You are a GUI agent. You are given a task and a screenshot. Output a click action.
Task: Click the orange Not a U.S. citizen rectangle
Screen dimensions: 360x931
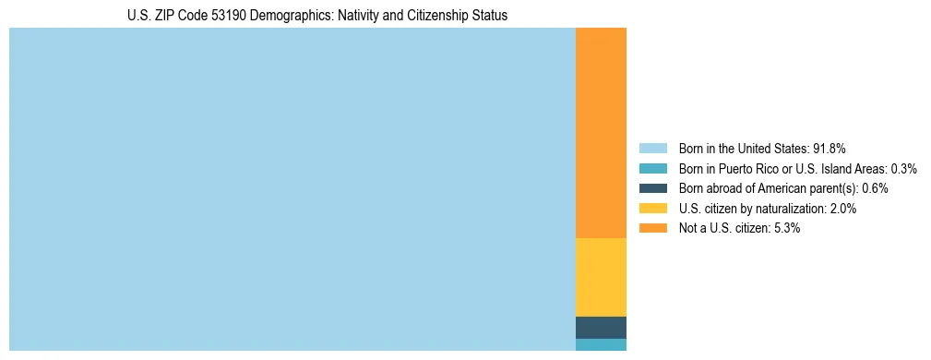601,133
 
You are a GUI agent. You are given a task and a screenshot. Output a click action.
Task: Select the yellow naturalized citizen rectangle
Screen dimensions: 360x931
601,277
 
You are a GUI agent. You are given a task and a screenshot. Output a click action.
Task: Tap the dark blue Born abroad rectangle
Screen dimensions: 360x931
601,328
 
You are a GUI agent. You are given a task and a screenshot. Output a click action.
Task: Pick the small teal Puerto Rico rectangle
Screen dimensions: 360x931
601,344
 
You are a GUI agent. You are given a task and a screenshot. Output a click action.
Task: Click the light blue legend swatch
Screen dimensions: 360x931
652,148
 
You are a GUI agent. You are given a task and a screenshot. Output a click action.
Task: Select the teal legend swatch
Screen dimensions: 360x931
652,168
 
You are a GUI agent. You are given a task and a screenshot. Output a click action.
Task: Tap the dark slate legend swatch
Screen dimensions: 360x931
652,188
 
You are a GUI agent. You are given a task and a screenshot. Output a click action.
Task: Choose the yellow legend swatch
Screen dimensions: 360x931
652,209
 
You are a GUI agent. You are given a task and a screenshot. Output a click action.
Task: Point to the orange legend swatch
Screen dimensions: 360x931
652,228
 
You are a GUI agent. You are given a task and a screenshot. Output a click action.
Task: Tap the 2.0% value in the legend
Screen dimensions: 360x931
842,209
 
